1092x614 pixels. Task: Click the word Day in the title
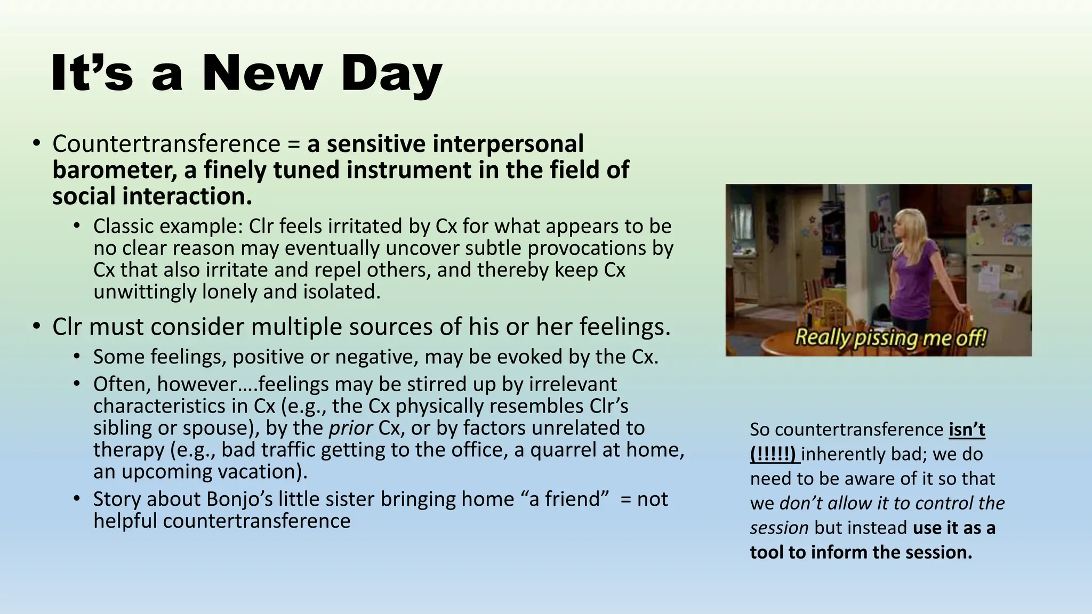click(x=391, y=75)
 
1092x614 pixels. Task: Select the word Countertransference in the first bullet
click(x=166, y=144)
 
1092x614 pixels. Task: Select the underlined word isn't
click(x=967, y=430)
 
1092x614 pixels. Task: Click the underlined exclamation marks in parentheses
click(x=773, y=454)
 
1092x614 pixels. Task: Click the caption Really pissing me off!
click(x=890, y=338)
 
